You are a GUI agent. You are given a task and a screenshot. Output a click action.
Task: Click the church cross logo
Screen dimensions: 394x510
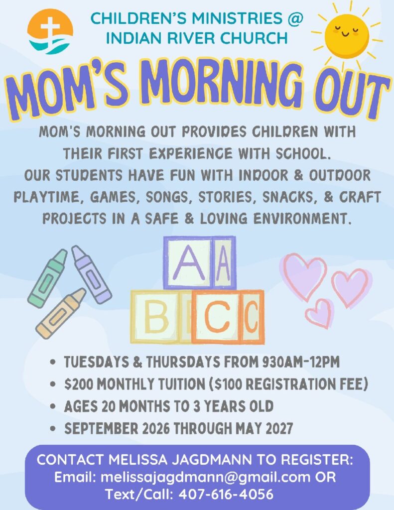click(50, 31)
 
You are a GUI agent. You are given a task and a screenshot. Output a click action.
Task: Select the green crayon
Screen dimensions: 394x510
click(47, 278)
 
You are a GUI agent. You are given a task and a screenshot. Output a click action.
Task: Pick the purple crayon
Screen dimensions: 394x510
click(92, 274)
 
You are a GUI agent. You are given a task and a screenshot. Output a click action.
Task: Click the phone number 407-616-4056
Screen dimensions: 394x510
click(226, 494)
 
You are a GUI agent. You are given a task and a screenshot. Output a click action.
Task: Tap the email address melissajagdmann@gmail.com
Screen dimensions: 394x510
click(206, 477)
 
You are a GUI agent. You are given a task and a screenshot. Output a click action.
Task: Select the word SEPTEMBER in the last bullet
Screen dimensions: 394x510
click(101, 428)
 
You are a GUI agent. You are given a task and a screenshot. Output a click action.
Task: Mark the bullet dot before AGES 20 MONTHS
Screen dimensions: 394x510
click(53, 406)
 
